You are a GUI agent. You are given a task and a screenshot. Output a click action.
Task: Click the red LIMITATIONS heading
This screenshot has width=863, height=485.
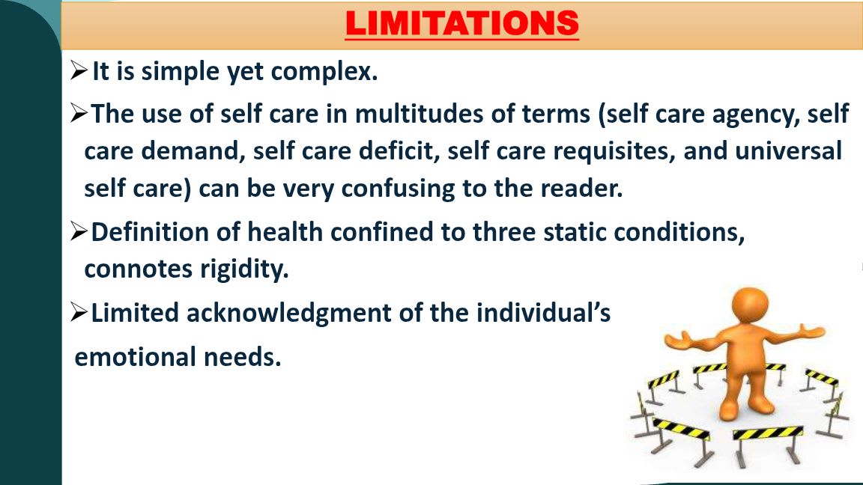coord(461,23)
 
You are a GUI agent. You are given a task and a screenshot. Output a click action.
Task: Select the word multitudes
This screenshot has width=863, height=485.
coord(419,114)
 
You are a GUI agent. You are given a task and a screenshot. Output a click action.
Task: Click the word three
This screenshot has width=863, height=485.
coord(504,231)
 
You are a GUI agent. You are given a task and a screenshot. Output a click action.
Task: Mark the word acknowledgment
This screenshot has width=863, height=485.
coord(289,313)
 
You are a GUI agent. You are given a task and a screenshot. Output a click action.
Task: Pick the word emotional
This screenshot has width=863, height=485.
coord(136,357)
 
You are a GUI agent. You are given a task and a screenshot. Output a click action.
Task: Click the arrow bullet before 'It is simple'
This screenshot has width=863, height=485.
coord(79,70)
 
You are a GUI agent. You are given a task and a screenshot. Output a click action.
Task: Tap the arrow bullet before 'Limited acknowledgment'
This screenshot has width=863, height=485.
coord(79,312)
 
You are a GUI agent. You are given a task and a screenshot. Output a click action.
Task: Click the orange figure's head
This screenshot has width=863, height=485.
coord(750,305)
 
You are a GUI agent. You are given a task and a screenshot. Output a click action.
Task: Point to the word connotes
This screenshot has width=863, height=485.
coord(138,269)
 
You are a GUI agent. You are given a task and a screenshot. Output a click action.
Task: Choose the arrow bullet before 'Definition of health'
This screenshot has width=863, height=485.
coord(79,231)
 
